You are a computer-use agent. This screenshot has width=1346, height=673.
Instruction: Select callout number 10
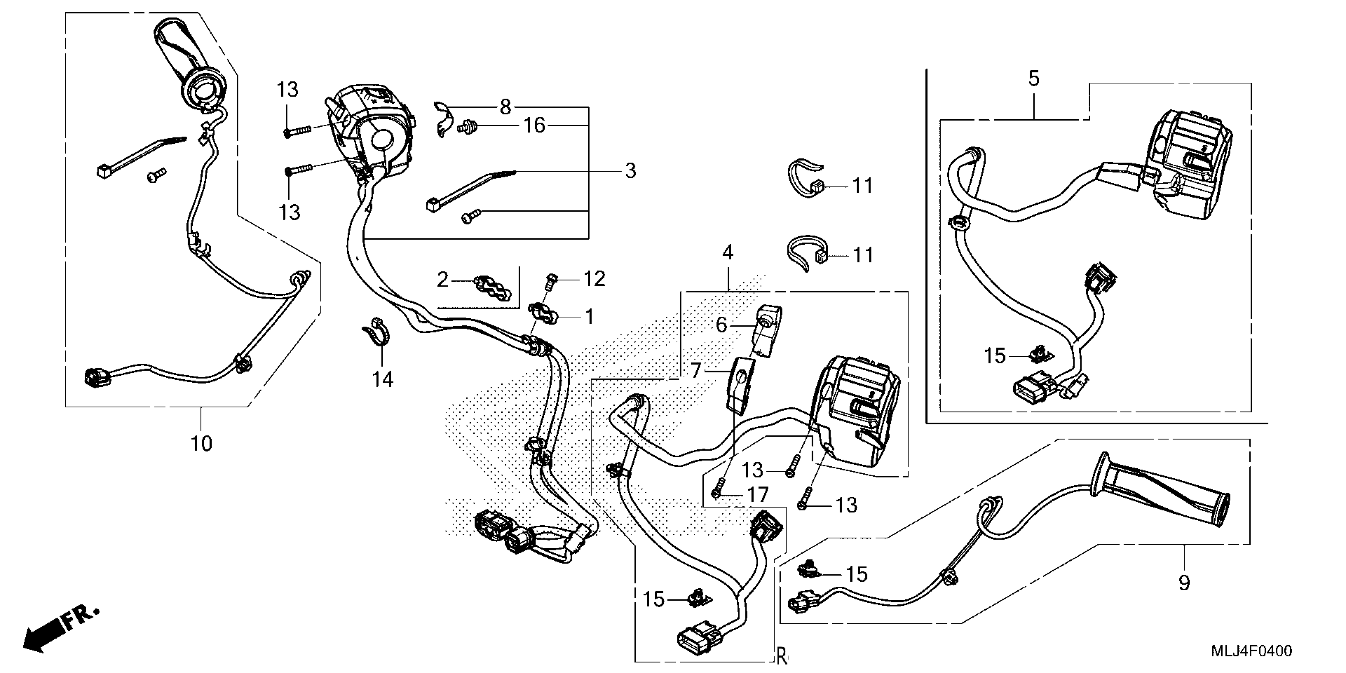coord(201,444)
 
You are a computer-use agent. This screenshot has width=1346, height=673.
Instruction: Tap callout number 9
coord(1184,582)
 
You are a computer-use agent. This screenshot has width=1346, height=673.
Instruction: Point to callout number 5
coord(1034,79)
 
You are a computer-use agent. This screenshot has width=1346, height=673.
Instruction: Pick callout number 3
coord(631,171)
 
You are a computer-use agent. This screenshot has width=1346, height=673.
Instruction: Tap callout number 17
coord(758,494)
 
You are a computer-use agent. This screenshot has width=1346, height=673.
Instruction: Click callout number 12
coord(595,279)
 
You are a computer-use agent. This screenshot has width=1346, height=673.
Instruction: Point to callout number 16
coord(534,125)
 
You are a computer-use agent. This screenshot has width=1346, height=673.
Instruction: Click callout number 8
coord(505,107)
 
